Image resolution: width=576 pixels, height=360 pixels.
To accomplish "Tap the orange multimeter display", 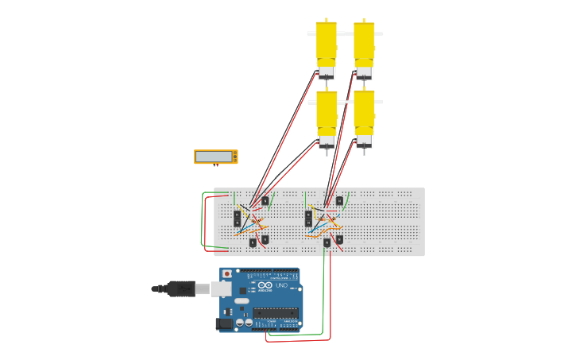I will pos(215,157).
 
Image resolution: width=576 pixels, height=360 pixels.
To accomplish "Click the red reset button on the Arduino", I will pos(227,274).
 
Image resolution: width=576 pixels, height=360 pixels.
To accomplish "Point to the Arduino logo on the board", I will pos(265,285).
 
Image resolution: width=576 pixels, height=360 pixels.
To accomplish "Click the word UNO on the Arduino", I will pos(281,285).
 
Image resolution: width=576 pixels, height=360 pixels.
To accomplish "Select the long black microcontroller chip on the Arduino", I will pos(275,312).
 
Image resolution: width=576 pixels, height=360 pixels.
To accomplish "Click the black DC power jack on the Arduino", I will pos(226,323).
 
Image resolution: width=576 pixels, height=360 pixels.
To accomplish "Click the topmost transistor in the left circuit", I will pos(265,201).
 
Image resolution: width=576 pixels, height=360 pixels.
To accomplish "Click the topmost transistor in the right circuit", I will pos(339,200).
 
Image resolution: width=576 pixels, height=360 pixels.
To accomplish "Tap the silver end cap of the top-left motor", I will pos(326,72).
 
